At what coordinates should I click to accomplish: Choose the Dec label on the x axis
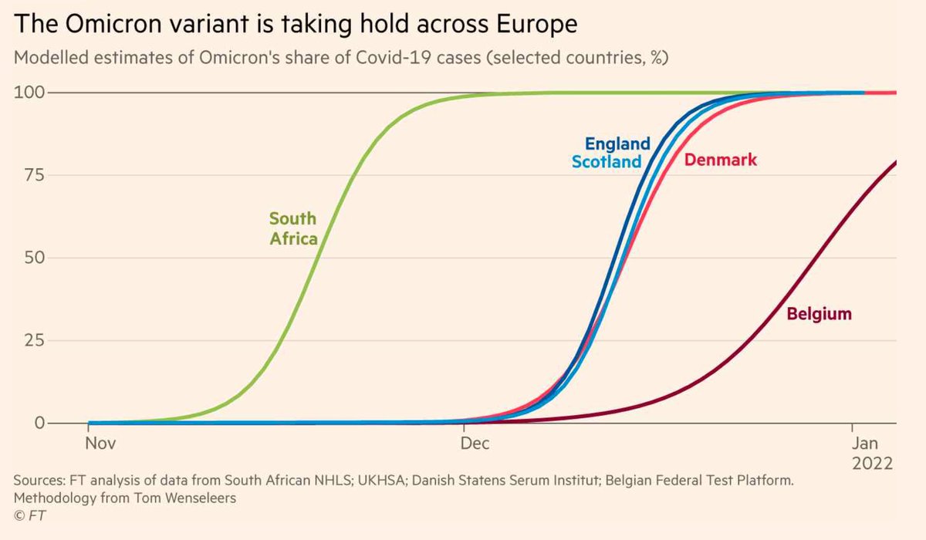coord(475,444)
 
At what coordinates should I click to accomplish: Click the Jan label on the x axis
coord(866,444)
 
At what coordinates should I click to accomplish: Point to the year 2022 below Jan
coord(872,464)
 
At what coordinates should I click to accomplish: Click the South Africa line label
coord(293,228)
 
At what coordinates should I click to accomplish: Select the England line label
coord(617,143)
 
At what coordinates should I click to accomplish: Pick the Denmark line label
coord(721,160)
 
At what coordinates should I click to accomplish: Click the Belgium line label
coord(819,314)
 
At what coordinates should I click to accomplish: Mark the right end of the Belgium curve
coord(895,162)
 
